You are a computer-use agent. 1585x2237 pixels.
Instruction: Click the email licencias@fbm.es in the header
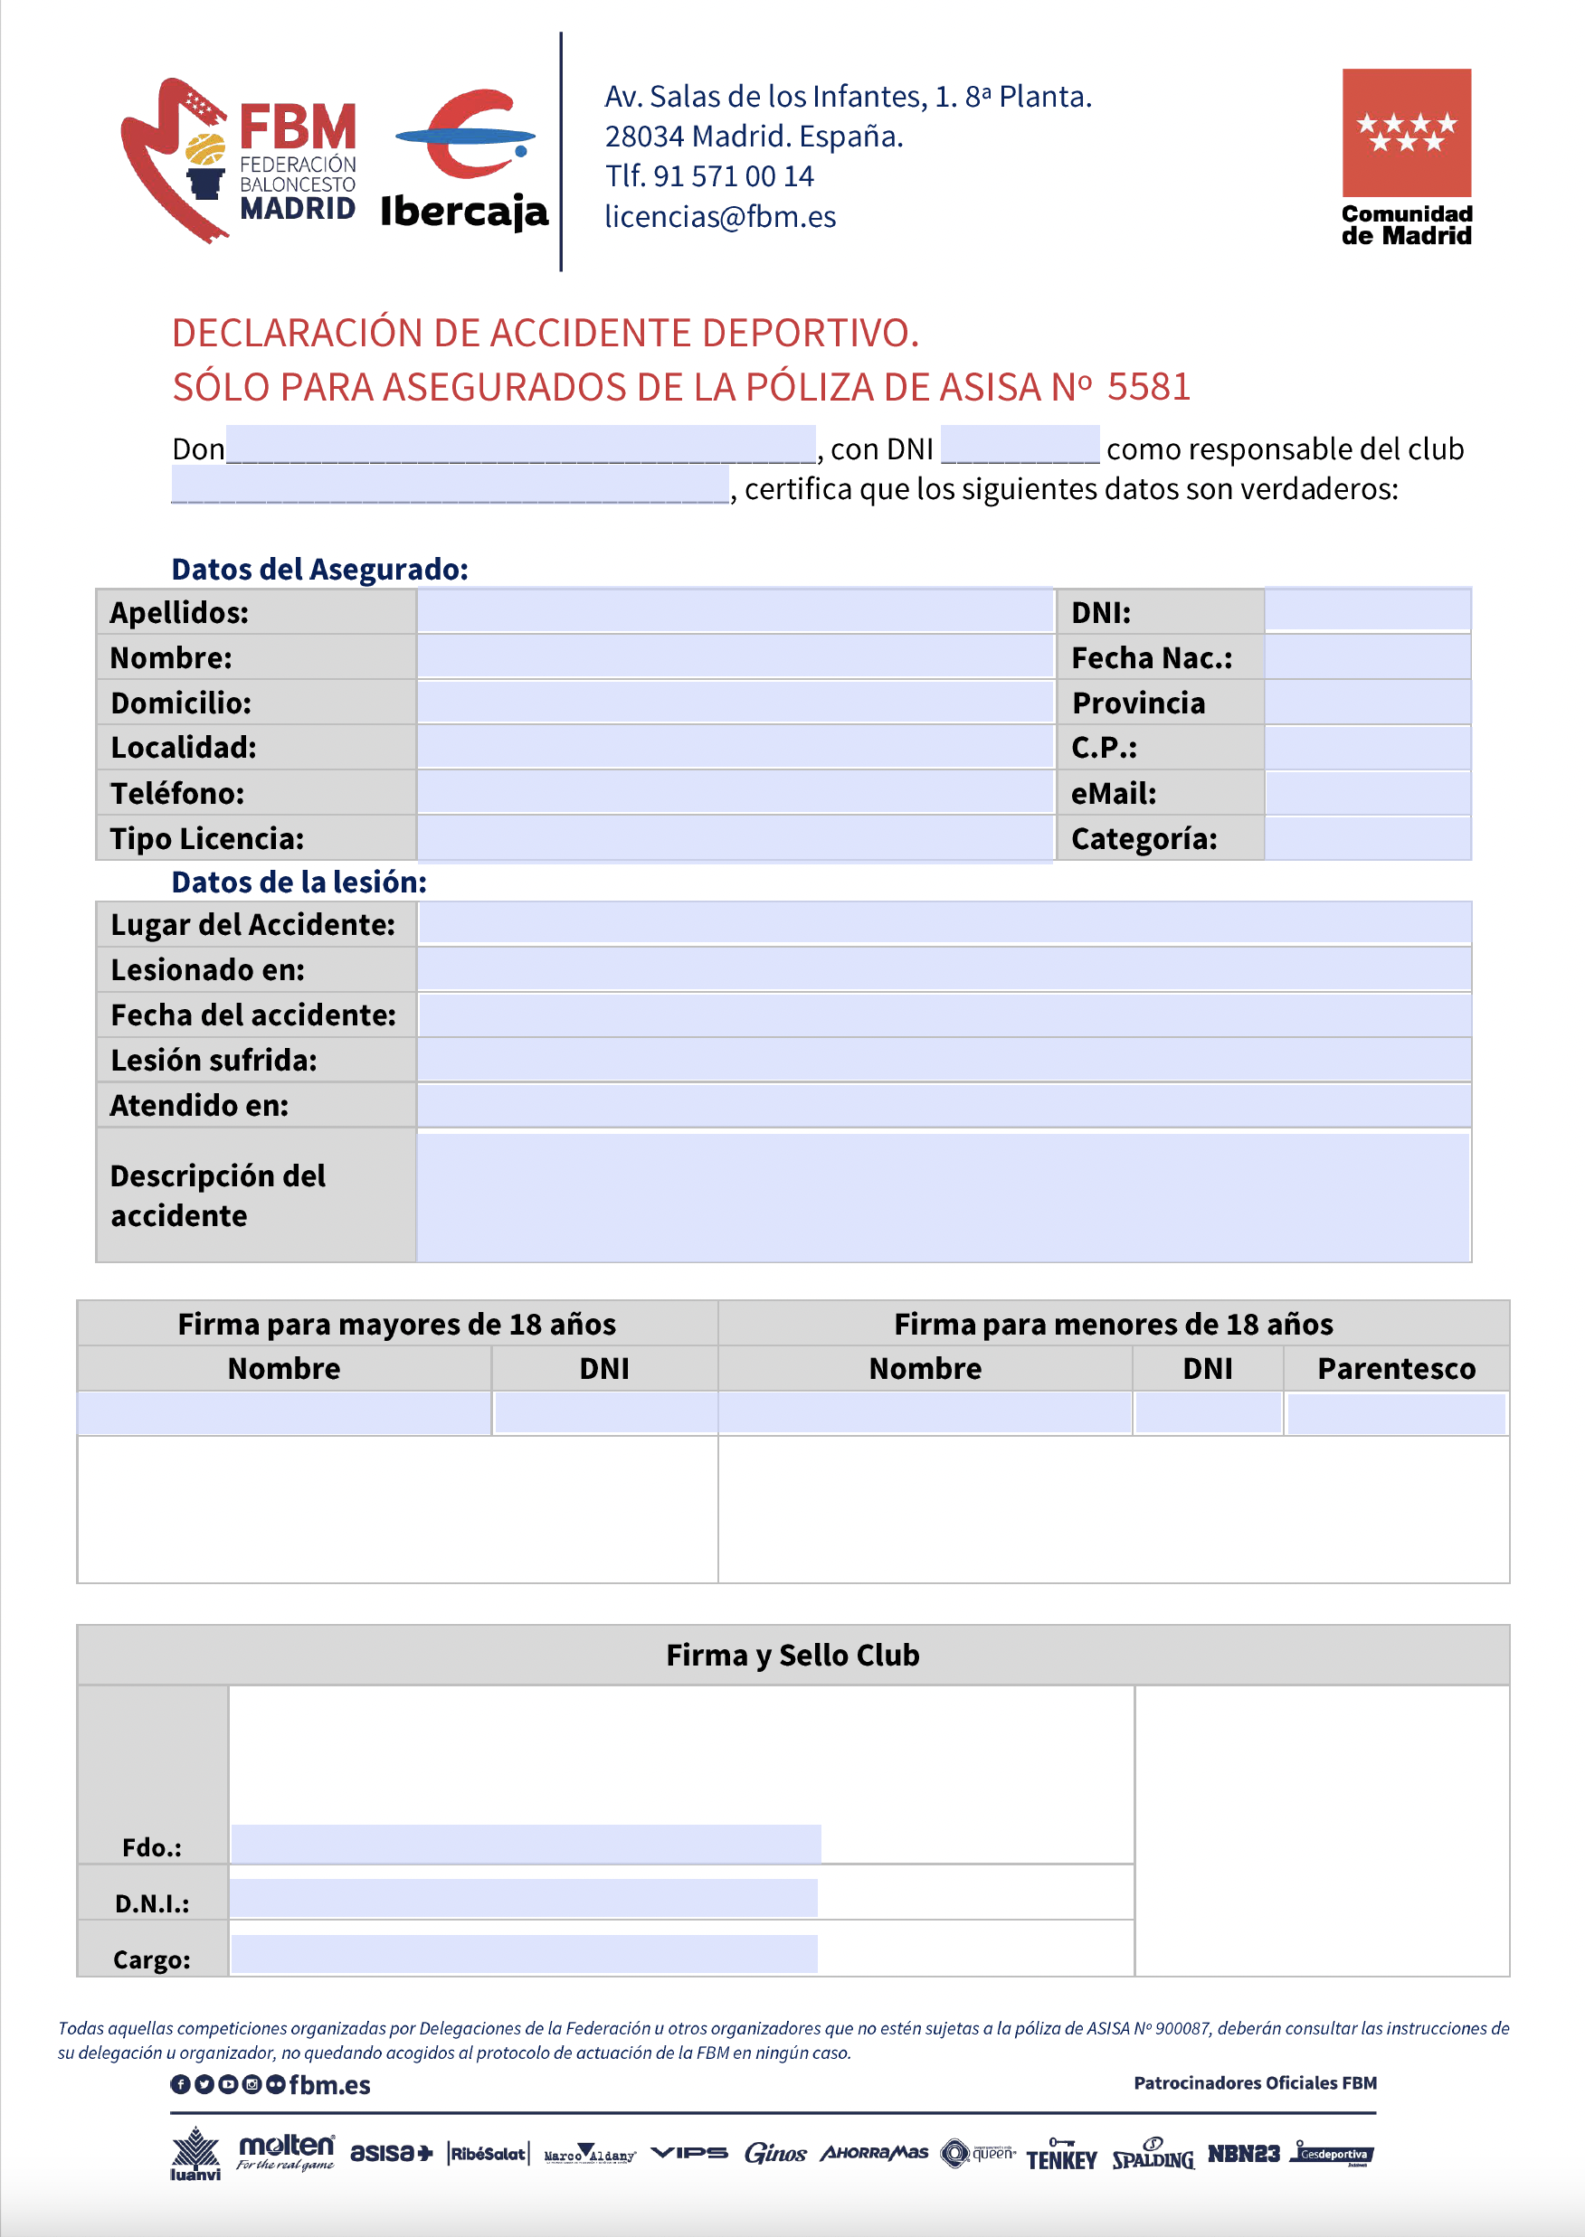[x=720, y=217]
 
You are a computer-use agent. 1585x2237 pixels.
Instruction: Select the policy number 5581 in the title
[x=1149, y=387]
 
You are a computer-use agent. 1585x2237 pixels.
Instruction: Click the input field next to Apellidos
[x=735, y=611]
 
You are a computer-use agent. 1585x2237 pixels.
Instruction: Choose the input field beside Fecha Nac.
[x=1366, y=657]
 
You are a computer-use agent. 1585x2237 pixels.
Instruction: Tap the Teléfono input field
[x=735, y=793]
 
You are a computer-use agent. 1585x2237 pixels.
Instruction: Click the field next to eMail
[x=1366, y=793]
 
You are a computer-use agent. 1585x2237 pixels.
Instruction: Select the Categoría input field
[x=1366, y=838]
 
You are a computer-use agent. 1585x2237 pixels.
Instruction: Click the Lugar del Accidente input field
[x=944, y=923]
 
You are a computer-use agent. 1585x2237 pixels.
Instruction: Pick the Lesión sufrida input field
[x=944, y=1060]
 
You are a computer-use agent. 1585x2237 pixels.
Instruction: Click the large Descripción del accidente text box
[x=944, y=1195]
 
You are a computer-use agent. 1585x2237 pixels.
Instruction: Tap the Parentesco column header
[x=1396, y=1369]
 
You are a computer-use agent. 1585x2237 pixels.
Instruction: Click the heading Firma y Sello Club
[x=792, y=1655]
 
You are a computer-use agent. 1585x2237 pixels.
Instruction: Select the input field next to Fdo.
[x=526, y=1844]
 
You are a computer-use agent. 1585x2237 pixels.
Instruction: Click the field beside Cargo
[x=524, y=1954]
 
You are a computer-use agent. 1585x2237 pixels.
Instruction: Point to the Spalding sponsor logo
[x=1153, y=2154]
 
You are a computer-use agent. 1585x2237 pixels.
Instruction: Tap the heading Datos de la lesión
[x=299, y=882]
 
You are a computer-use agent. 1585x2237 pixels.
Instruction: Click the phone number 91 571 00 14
[x=733, y=176]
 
